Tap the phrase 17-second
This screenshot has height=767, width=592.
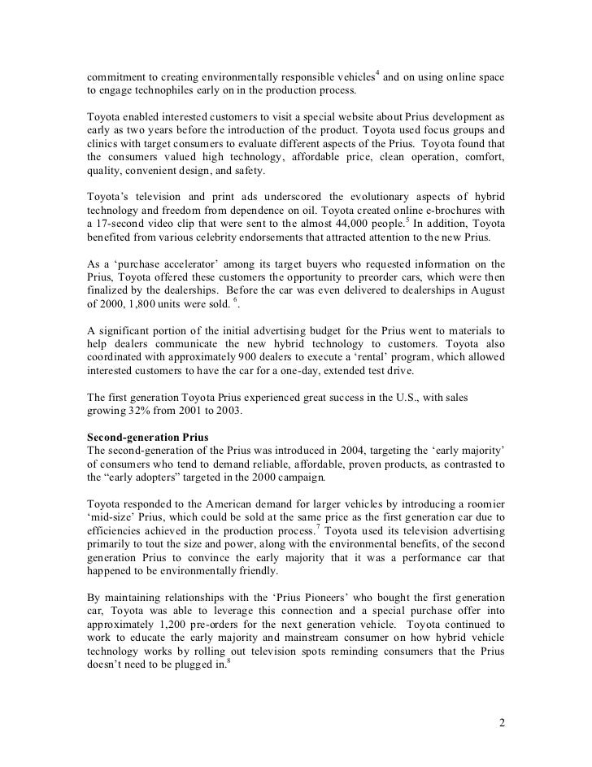click(x=115, y=224)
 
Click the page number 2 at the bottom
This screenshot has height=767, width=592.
click(x=501, y=721)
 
